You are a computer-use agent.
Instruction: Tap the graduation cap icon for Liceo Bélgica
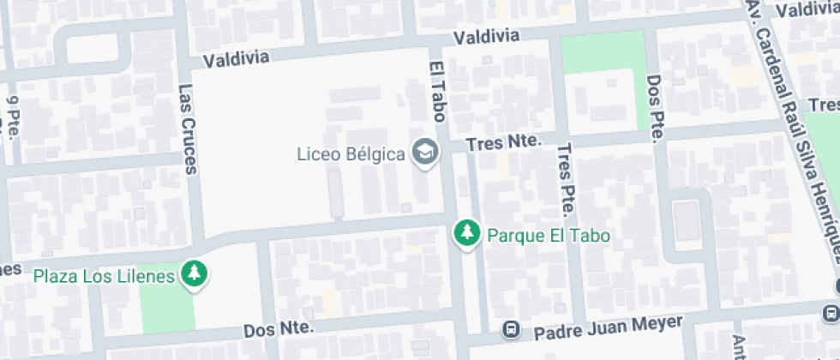click(424, 153)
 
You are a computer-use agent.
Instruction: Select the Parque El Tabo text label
click(541, 234)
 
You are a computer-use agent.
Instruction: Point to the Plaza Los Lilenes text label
click(105, 276)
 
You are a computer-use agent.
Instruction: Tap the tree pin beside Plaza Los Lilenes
click(196, 275)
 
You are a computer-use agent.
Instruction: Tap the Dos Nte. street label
click(280, 328)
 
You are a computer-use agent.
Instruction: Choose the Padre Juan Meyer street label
click(609, 327)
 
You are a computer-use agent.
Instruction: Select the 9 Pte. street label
click(14, 115)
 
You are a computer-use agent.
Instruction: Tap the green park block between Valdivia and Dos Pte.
click(603, 53)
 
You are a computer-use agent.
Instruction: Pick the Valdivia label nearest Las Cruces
click(237, 58)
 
